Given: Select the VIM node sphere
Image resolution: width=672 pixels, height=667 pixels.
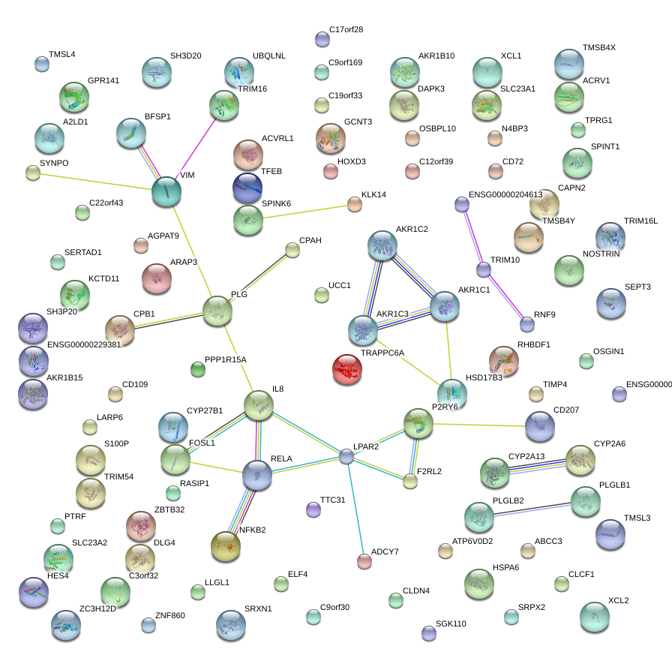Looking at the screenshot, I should coord(166,192).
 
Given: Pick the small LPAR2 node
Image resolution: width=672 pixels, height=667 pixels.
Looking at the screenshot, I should coord(346,455).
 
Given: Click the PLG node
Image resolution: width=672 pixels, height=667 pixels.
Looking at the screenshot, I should coord(217,311).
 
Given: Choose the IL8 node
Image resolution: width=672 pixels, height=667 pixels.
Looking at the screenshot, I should coord(259,405).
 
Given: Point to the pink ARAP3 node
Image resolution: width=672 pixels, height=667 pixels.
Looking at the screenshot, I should coord(157,278).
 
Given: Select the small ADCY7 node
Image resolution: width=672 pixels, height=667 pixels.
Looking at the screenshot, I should coord(364,560).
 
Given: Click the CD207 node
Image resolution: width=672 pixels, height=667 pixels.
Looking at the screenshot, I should coord(540,426).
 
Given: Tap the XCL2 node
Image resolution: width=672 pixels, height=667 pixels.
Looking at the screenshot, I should coord(595,616).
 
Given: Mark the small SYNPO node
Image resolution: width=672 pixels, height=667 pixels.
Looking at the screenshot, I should coord(32,173).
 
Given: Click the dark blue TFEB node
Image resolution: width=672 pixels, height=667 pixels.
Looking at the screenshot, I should coord(247,188).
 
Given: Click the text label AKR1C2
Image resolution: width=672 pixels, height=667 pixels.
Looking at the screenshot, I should coord(412,228).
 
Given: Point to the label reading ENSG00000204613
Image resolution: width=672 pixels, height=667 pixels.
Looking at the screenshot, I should coord(505,195).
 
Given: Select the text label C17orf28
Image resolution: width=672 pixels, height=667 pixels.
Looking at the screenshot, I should coord(346,30).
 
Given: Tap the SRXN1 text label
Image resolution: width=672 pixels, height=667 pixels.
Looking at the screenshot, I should coord(259,607).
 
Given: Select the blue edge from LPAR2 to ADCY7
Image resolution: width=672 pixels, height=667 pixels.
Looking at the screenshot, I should coord(355,507).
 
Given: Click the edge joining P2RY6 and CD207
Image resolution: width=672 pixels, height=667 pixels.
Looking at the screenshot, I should coord(480,425).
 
